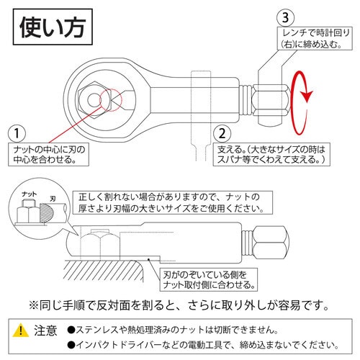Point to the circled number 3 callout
(285, 14)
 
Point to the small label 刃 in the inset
(53, 195)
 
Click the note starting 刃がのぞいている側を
(207, 280)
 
